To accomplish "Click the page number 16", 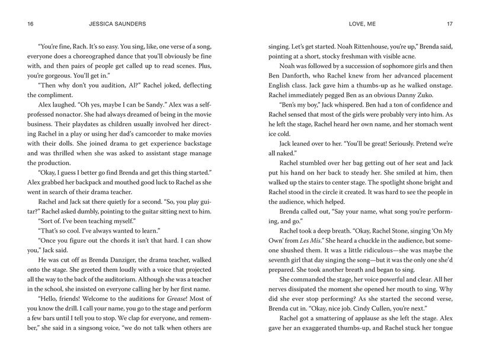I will [x=22, y=24].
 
